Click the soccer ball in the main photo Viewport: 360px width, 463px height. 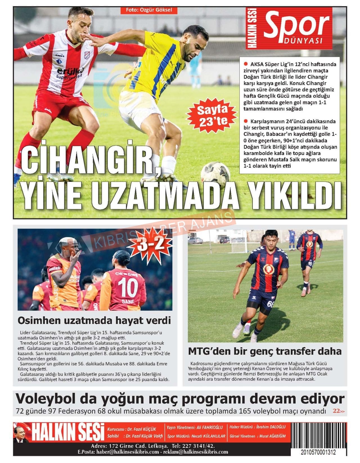point(215,175)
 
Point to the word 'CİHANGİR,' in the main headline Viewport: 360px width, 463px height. point(90,162)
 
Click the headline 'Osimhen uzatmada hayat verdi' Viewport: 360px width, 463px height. point(94,320)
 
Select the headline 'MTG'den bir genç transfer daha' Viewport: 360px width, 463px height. point(265,351)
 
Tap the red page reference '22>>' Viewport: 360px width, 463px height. point(338,411)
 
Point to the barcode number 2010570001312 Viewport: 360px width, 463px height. point(318,452)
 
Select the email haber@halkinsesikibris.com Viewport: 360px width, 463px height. point(127,452)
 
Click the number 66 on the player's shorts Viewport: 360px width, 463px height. point(271,304)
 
